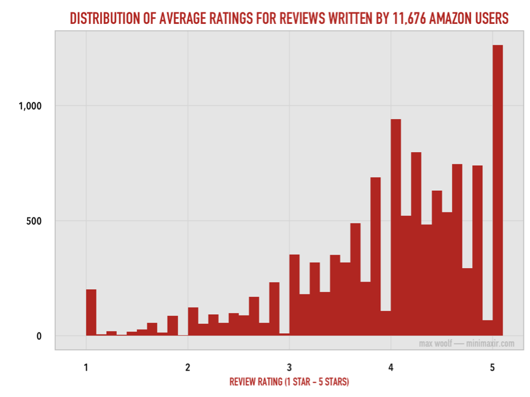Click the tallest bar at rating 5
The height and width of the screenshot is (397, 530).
[497, 190]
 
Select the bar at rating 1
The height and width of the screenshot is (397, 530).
[91, 312]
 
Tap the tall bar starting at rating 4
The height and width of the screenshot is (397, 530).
[396, 227]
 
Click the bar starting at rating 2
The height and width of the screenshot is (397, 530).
[193, 322]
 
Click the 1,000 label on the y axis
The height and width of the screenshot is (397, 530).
[29, 106]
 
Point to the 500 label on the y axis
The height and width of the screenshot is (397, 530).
[33, 221]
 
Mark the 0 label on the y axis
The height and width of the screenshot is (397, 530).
[38, 336]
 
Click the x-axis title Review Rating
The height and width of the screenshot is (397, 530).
[289, 382]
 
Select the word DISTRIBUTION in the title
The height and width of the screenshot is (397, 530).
[103, 18]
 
